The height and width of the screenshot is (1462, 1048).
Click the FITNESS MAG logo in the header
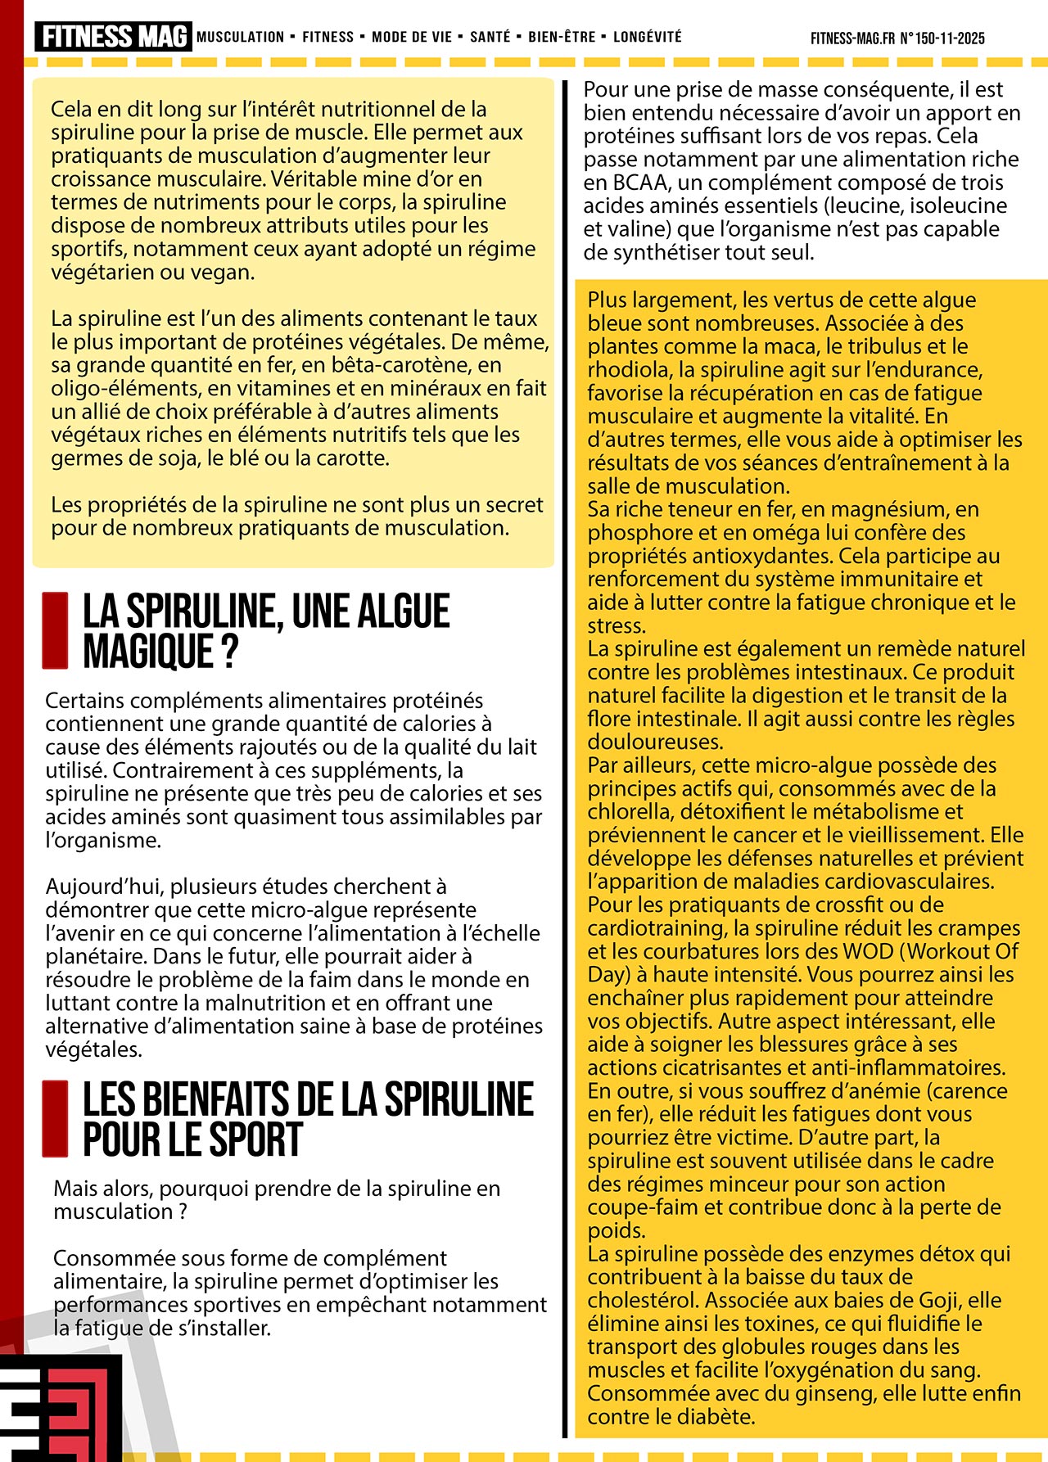click(113, 37)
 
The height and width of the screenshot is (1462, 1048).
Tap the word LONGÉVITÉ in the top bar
click(647, 37)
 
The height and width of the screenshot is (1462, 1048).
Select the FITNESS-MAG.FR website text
click(852, 38)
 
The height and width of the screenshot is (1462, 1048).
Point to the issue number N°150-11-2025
click(942, 38)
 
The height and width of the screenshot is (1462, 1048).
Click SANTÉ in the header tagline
click(490, 37)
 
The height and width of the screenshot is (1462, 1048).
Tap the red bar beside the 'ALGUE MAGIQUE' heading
click(55, 630)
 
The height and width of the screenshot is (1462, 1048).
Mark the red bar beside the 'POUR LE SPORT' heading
click(55, 1118)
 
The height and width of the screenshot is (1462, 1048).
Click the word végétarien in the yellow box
click(103, 272)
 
